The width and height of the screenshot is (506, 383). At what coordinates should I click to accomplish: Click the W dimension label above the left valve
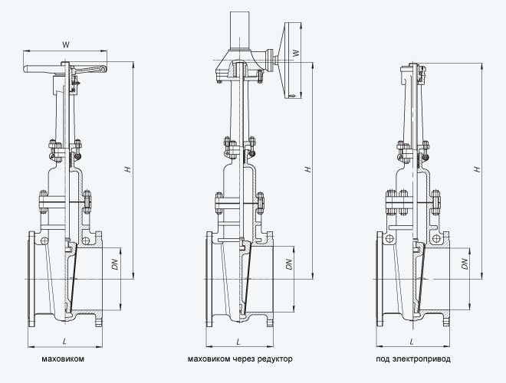coord(65,44)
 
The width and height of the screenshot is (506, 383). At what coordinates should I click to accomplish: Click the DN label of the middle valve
coord(289,264)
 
